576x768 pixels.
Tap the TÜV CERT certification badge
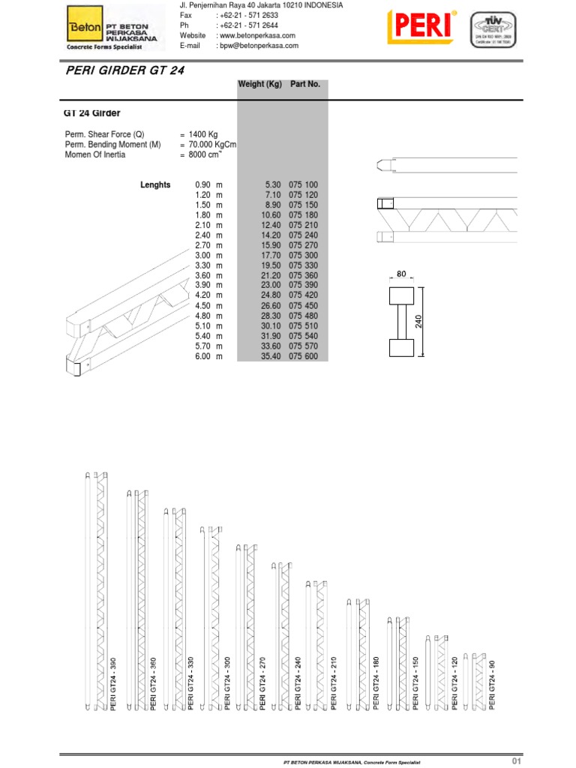pos(493,31)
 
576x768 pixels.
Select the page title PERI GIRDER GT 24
pos(121,70)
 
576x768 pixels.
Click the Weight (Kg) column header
pos(259,85)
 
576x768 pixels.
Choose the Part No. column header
pos(305,85)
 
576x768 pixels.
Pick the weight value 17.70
pos(269,256)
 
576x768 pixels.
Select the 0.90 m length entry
pos(209,184)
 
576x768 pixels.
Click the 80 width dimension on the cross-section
pos(400,275)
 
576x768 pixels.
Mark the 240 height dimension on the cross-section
pos(419,321)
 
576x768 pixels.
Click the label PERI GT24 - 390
pos(114,685)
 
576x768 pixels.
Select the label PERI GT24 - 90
pos(493,687)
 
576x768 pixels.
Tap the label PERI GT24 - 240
pos(298,685)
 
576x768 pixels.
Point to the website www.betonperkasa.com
pos(255,36)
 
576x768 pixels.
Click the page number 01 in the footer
pos(516,761)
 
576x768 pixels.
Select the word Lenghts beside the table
pos(155,184)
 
